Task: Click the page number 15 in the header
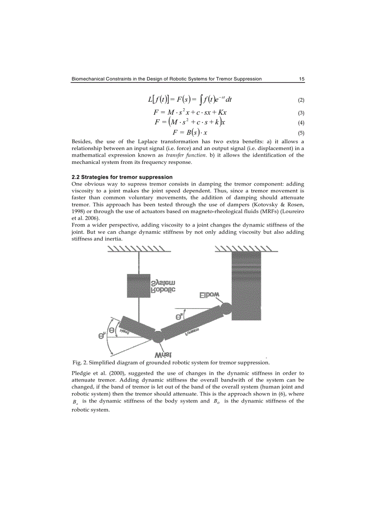pyautogui.click(x=301, y=79)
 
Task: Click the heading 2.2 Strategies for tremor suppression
pyautogui.click(x=122, y=177)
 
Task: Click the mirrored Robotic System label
pyautogui.click(x=163, y=286)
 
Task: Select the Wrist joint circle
pyautogui.click(x=157, y=336)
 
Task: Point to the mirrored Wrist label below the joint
pyautogui.click(x=163, y=354)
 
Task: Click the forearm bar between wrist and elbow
pyautogui.click(x=191, y=322)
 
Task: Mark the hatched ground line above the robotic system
pyautogui.click(x=138, y=249)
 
